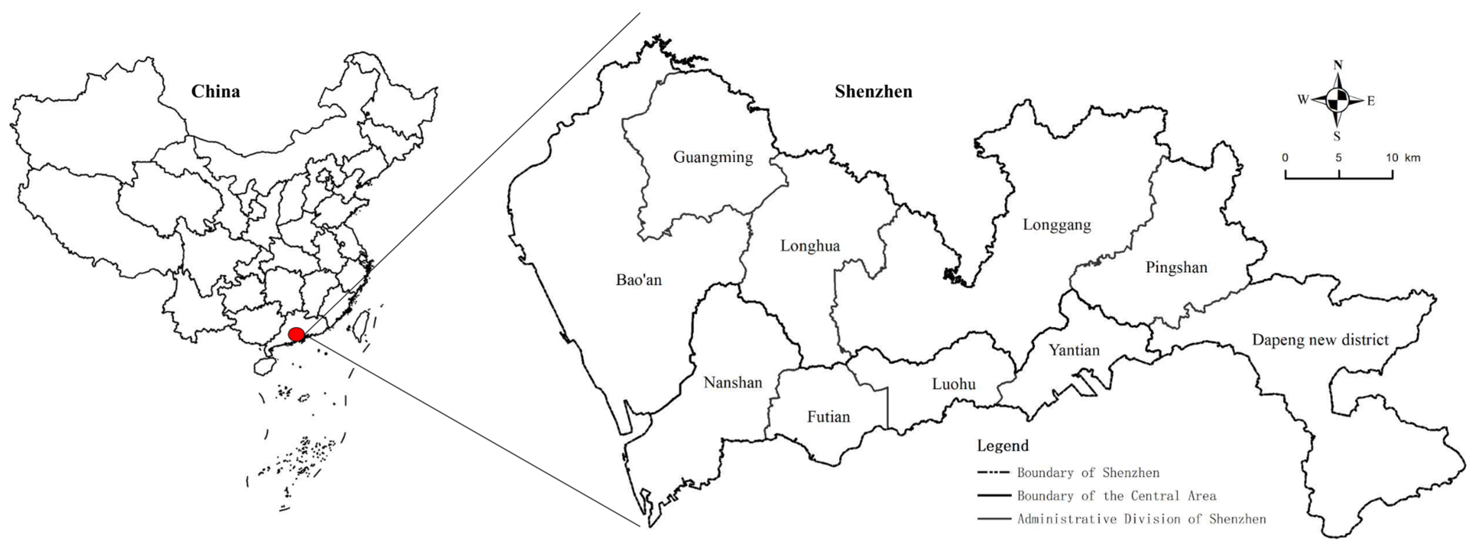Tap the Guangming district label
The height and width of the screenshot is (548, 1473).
click(x=713, y=157)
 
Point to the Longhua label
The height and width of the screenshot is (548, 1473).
click(x=810, y=246)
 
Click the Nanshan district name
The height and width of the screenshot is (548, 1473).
click(x=733, y=382)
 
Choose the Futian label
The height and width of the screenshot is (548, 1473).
click(x=828, y=416)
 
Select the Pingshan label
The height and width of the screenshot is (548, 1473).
click(x=1176, y=267)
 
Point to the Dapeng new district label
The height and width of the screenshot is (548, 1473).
click(x=1320, y=340)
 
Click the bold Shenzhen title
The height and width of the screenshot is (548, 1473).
click(x=873, y=92)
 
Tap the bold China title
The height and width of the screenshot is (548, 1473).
click(x=216, y=92)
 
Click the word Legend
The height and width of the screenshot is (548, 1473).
click(x=1002, y=446)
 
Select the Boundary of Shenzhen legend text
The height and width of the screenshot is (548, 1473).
click(x=1088, y=473)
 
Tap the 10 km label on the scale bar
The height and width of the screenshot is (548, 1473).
click(x=1403, y=158)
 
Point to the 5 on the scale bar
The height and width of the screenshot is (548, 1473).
click(x=1338, y=158)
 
